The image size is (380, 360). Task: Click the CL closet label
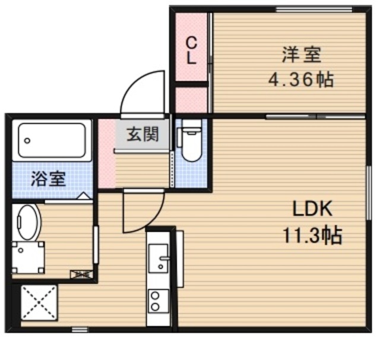pos(192,50)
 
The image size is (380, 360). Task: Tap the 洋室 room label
pos(302,56)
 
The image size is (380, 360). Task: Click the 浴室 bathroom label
pos(49,178)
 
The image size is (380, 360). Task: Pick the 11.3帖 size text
pos(311,236)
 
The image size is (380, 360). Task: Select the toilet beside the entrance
pos(191,142)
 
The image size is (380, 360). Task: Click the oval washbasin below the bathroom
pos(27,222)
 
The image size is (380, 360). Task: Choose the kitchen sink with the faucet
pos(159,259)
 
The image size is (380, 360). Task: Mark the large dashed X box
pos(39,304)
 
